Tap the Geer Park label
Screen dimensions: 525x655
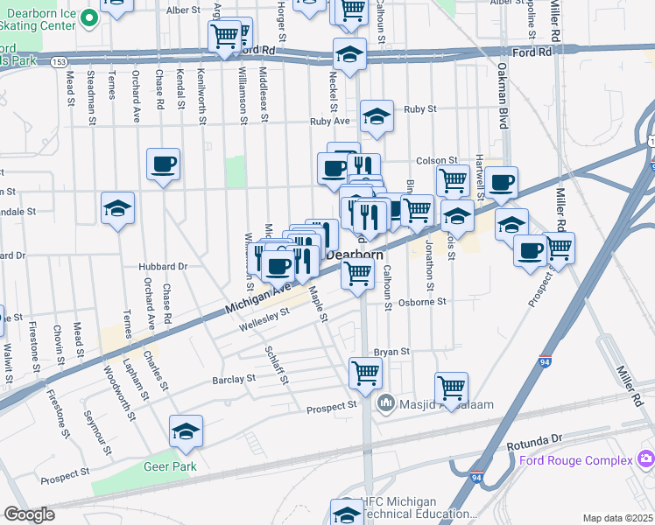pos(170,466)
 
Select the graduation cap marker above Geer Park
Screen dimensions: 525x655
pos(186,430)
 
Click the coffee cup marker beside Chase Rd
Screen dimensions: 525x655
pos(164,164)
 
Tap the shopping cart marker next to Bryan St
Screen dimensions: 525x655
pos(365,374)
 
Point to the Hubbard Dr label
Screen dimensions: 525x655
pos(163,266)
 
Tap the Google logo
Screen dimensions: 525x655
pos(30,514)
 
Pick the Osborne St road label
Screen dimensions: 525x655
pos(423,302)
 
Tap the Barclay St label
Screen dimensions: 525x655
pos(232,380)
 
